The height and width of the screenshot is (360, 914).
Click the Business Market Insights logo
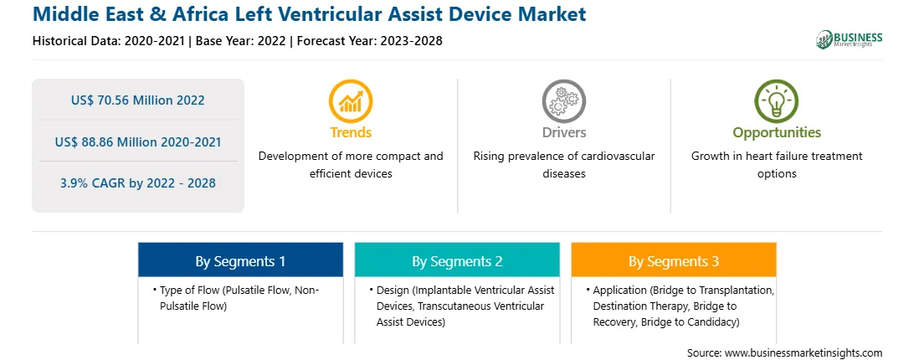pos(849,39)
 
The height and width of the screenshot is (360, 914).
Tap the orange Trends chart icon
pos(351,101)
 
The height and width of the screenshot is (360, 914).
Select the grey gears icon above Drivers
pos(563,101)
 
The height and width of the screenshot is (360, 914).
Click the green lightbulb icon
pos(777,101)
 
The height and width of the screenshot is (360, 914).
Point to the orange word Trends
pos(351,132)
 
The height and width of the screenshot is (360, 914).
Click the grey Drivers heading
pos(563,132)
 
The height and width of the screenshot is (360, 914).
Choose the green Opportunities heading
pos(777,133)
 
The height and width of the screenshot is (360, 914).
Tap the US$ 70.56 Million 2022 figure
pos(137,100)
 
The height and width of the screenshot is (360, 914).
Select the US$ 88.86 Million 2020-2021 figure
pos(137,141)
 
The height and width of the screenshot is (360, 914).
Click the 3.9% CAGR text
pos(137,183)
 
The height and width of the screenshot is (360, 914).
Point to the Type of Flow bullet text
pos(236,297)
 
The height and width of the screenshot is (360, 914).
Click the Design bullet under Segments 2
pos(462,306)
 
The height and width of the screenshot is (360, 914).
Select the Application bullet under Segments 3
pos(680,306)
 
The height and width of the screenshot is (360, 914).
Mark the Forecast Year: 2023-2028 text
pos(370,41)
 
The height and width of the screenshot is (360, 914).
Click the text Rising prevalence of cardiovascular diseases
pos(563,165)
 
